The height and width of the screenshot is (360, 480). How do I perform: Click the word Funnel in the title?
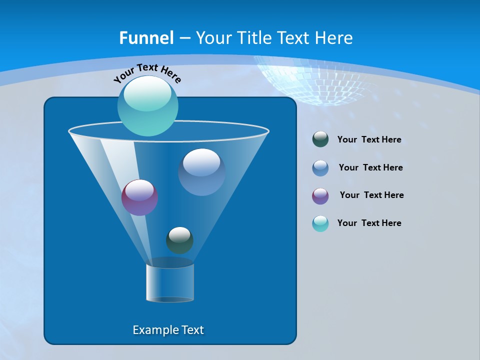pyautogui.click(x=146, y=38)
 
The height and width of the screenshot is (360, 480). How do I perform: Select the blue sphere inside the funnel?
pyautogui.click(x=201, y=172)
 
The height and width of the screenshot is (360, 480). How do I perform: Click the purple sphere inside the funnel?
pyautogui.click(x=139, y=197)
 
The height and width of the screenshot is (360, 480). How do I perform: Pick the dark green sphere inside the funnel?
pyautogui.click(x=179, y=240)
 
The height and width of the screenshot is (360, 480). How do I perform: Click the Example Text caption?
pyautogui.click(x=168, y=330)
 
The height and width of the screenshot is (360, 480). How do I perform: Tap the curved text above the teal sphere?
pyautogui.click(x=147, y=73)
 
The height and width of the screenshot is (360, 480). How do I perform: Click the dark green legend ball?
pyautogui.click(x=320, y=139)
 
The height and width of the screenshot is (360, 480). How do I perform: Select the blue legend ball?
pyautogui.click(x=320, y=168)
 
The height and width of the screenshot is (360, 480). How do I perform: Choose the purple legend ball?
pyautogui.click(x=320, y=196)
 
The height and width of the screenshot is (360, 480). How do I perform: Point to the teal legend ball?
pyautogui.click(x=320, y=223)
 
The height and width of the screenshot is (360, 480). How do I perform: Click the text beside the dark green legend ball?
pyautogui.click(x=369, y=140)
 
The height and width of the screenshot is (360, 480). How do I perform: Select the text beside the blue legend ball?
pyautogui.click(x=370, y=168)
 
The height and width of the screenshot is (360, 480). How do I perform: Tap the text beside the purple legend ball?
pyautogui.click(x=371, y=195)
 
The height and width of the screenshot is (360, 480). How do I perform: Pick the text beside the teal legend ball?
pyautogui.click(x=369, y=223)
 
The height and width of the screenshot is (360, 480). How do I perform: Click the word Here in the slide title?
pyautogui.click(x=334, y=38)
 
